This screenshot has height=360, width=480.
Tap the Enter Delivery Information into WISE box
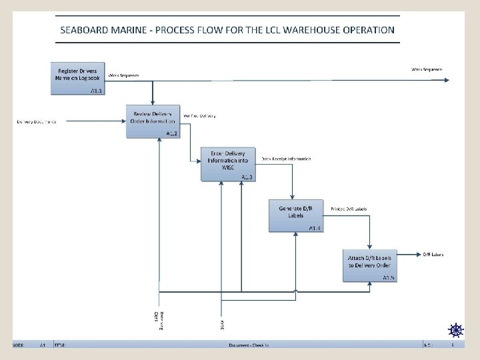click(x=227, y=160)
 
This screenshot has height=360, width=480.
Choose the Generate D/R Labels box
click(x=295, y=213)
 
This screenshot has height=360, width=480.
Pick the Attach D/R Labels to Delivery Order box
click(x=370, y=262)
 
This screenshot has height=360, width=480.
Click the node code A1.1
click(x=97, y=90)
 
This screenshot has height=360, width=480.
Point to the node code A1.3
click(x=247, y=177)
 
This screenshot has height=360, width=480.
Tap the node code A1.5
click(x=389, y=277)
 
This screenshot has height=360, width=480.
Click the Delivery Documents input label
click(x=37, y=121)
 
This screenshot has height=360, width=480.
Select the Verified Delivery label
click(x=199, y=116)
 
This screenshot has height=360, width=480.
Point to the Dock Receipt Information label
click(x=286, y=159)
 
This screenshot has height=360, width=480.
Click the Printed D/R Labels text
click(x=349, y=209)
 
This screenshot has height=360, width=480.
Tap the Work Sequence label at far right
click(x=426, y=69)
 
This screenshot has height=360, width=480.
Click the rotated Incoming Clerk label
click(x=157, y=319)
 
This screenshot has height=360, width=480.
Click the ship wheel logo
click(x=455, y=330)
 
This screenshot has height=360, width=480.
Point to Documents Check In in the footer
click(x=249, y=345)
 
